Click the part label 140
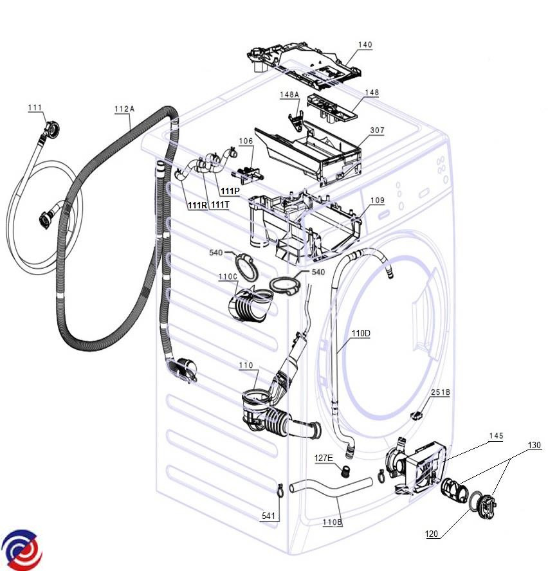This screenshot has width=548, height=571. click(365, 45)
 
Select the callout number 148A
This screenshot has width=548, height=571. click(289, 95)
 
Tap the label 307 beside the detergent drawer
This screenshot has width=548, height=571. click(377, 131)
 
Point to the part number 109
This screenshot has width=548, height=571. click(377, 200)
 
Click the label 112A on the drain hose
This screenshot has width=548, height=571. click(124, 109)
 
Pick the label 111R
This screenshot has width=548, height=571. click(197, 205)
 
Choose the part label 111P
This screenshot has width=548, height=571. click(229, 191)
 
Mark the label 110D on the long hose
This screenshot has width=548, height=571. click(361, 334)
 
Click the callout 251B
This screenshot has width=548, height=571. click(440, 392)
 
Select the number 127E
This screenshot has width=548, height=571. click(324, 458)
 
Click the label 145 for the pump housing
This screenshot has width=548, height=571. click(495, 436)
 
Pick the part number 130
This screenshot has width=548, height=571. click(534, 445)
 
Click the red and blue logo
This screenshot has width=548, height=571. click(21, 550)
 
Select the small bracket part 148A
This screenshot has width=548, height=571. click(298, 119)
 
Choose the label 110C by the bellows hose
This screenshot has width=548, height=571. click(228, 277)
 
